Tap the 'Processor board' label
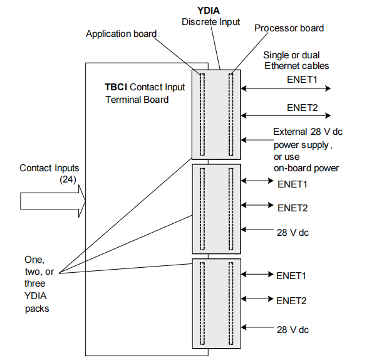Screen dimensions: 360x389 [289, 28]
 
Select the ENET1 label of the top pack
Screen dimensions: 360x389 [303, 80]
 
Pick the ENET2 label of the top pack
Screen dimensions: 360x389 [303, 107]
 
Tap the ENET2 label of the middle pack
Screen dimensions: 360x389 [292, 208]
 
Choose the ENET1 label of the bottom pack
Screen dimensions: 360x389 [291, 275]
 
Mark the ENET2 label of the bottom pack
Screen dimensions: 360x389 [291, 301]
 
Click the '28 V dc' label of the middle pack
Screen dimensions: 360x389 [293, 233]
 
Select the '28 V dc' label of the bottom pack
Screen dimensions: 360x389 [293, 329]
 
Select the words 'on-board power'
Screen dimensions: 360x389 [306, 167]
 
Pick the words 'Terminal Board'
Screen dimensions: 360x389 [137, 99]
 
